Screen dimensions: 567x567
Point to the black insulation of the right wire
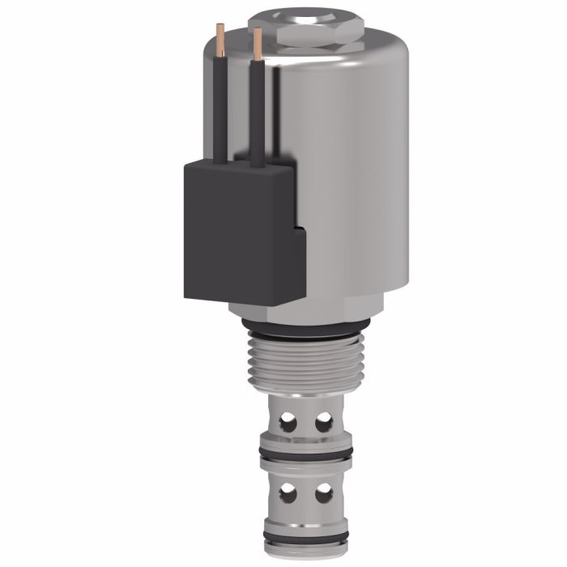point(258,113)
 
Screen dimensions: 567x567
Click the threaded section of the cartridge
point(305,364)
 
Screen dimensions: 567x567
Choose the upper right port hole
point(323,421)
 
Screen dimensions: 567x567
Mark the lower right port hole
point(323,492)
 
